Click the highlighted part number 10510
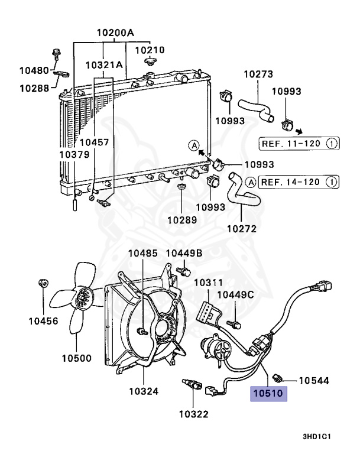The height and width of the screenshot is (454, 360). (268, 394)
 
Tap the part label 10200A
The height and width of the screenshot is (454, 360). (115, 33)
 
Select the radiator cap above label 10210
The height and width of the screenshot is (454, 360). (150, 61)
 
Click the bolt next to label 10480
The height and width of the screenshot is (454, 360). (56, 54)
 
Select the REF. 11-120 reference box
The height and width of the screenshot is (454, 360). (299, 144)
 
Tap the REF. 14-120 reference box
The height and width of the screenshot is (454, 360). (299, 182)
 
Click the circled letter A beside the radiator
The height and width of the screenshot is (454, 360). (194, 145)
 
